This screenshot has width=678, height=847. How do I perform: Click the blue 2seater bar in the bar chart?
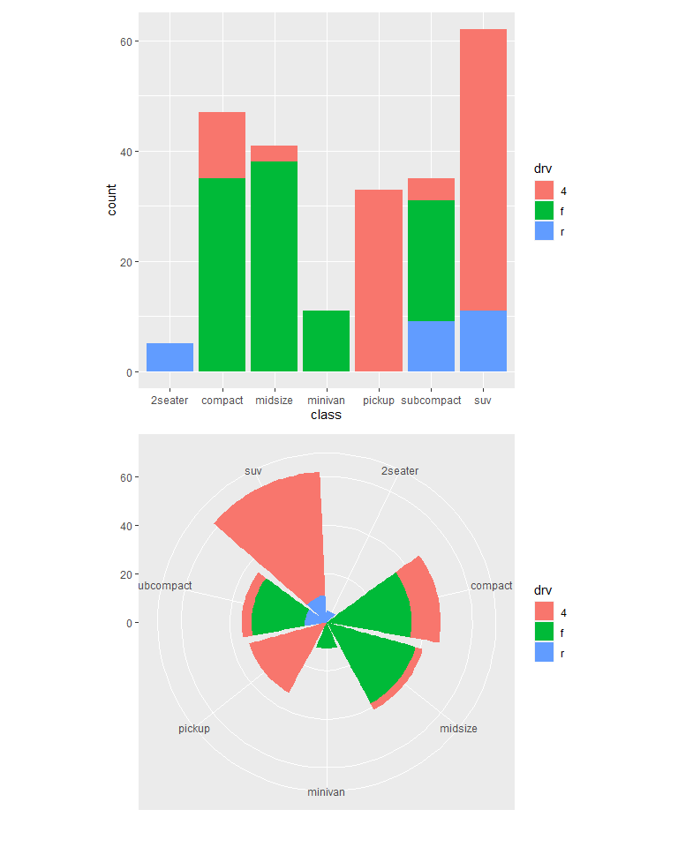[x=169, y=357]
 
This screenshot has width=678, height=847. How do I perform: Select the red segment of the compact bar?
[x=222, y=145]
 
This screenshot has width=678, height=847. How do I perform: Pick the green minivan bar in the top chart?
[x=326, y=341]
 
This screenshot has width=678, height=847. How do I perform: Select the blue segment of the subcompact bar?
[x=430, y=346]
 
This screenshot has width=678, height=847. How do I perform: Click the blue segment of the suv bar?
[x=483, y=341]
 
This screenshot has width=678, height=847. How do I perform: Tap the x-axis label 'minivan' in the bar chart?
[x=326, y=401]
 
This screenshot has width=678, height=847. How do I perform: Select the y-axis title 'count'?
[x=111, y=200]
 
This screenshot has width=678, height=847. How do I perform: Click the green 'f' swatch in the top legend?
[x=543, y=210]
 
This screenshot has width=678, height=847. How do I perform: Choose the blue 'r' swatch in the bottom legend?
[x=543, y=654]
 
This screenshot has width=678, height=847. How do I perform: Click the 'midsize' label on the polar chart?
[x=458, y=729]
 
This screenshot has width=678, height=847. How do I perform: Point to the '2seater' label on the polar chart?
[x=400, y=471]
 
